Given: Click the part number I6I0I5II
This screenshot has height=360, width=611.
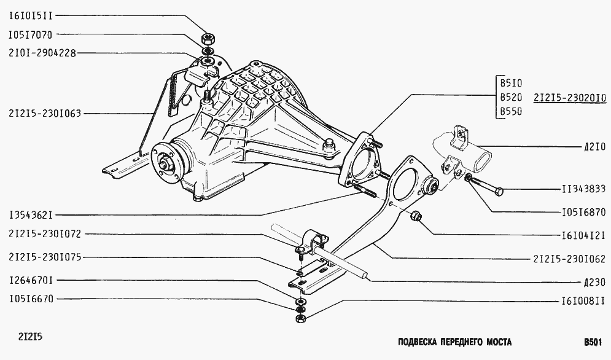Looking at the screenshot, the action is tap(30, 16).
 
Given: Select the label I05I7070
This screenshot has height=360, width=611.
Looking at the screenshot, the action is tap(30, 35).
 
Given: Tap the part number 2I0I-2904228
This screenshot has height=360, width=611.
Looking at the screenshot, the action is tap(42, 53).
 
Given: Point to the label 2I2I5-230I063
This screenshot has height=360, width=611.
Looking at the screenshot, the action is tap(45, 114).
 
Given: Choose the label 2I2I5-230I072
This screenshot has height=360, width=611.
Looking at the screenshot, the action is tap(45, 234).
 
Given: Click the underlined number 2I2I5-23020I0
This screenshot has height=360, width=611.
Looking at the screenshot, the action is tap(570, 98).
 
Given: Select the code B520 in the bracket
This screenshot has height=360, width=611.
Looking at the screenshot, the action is tap(511, 98).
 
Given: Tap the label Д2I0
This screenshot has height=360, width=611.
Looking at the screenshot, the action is tap(594, 147).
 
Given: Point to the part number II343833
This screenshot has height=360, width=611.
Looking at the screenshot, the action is tap(584, 189).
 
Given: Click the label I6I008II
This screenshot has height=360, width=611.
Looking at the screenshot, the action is tap(584, 302).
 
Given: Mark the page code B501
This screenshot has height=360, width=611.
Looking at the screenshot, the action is tap(593, 342).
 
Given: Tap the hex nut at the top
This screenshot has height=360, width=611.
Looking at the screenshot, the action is tap(208, 39).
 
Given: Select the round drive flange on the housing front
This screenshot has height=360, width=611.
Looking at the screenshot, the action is tap(166, 162).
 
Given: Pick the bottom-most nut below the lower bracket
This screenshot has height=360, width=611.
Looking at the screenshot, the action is tap(300, 319).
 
